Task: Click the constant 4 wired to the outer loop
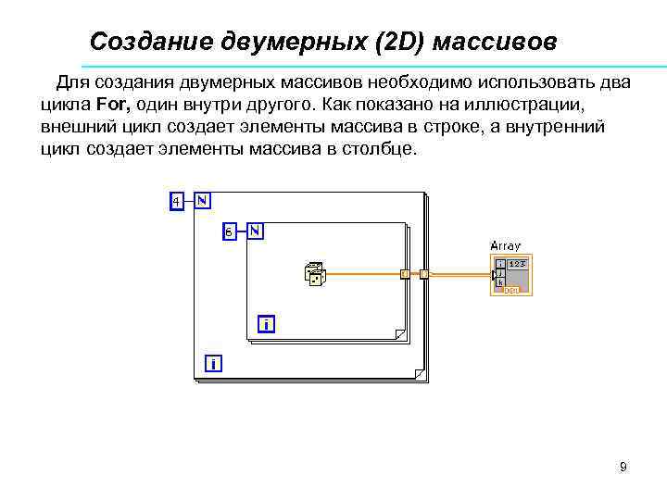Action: coord(176,201)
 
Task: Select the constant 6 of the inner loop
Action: coord(229,231)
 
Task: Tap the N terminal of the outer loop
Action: coord(201,200)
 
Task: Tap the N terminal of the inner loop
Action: coord(255,231)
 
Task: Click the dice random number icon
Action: coord(314,273)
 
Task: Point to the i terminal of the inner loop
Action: coord(267,324)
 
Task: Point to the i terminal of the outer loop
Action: coord(213,364)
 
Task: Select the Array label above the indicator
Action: coord(505,246)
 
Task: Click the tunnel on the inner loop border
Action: coord(404,274)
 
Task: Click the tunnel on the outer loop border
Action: coord(424,274)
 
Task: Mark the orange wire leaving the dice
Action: coord(361,274)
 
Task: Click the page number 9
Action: coord(623,467)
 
